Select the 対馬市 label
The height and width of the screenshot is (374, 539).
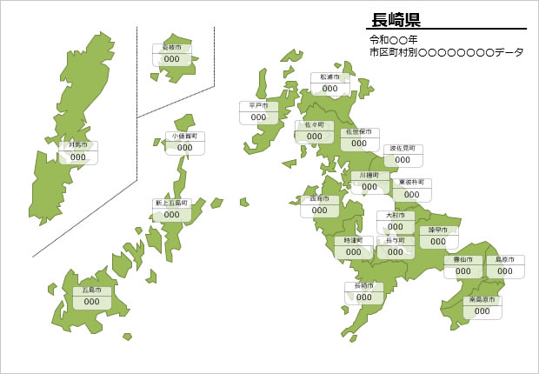77,145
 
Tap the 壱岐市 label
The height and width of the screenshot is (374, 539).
172,48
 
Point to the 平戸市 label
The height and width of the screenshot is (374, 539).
258,105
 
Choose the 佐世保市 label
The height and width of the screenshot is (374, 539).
358,132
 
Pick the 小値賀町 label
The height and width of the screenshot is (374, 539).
184,137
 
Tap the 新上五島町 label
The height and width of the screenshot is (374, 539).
171,203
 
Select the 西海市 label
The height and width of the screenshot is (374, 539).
319,199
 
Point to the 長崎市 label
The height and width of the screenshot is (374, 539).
363,286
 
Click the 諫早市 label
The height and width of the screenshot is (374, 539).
437,230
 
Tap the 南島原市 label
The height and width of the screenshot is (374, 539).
482,300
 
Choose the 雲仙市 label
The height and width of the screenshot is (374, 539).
462,260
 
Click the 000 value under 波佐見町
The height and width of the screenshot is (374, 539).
402,160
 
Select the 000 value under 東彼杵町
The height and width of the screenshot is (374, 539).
410,195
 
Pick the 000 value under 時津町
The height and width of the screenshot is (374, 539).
353,251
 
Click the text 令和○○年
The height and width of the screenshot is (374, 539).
394,40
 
